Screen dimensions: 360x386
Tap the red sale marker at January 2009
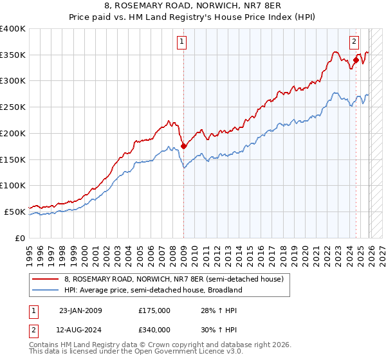click(183, 146)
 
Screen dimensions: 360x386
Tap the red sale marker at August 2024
click(356, 60)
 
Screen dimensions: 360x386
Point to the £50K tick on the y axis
click(15, 212)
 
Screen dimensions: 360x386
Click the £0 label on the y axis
click(21, 238)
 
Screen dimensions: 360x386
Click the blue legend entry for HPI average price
click(152, 290)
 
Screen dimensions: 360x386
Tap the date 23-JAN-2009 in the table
click(80, 310)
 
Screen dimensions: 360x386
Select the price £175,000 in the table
click(154, 310)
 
